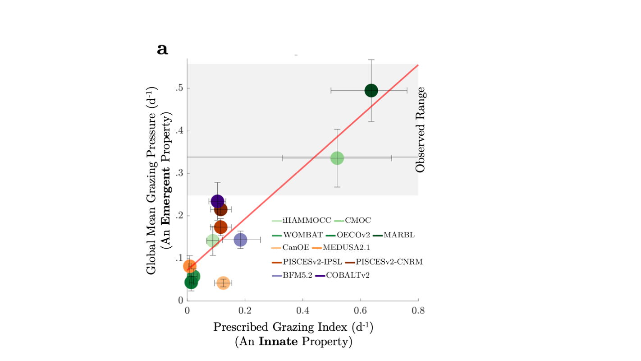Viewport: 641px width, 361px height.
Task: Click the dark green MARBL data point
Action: click(x=371, y=91)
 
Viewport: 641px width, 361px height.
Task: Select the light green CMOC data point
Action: click(x=337, y=158)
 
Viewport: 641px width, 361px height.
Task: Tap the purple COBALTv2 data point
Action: click(x=217, y=201)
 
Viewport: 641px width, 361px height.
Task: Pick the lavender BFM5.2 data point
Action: click(x=241, y=240)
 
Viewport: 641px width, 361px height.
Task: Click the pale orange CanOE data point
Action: click(x=223, y=283)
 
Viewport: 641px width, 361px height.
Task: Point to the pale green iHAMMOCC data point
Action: click(x=213, y=241)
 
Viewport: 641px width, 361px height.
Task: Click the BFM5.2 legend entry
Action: click(x=295, y=275)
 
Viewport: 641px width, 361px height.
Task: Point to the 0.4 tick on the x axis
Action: click(x=302, y=310)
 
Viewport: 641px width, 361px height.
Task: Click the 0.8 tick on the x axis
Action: click(x=418, y=310)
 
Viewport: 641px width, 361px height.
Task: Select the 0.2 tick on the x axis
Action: click(x=245, y=310)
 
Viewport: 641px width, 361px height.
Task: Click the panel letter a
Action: click(x=162, y=49)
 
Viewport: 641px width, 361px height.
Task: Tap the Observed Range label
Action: click(x=420, y=130)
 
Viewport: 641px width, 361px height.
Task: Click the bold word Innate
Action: click(x=278, y=342)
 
